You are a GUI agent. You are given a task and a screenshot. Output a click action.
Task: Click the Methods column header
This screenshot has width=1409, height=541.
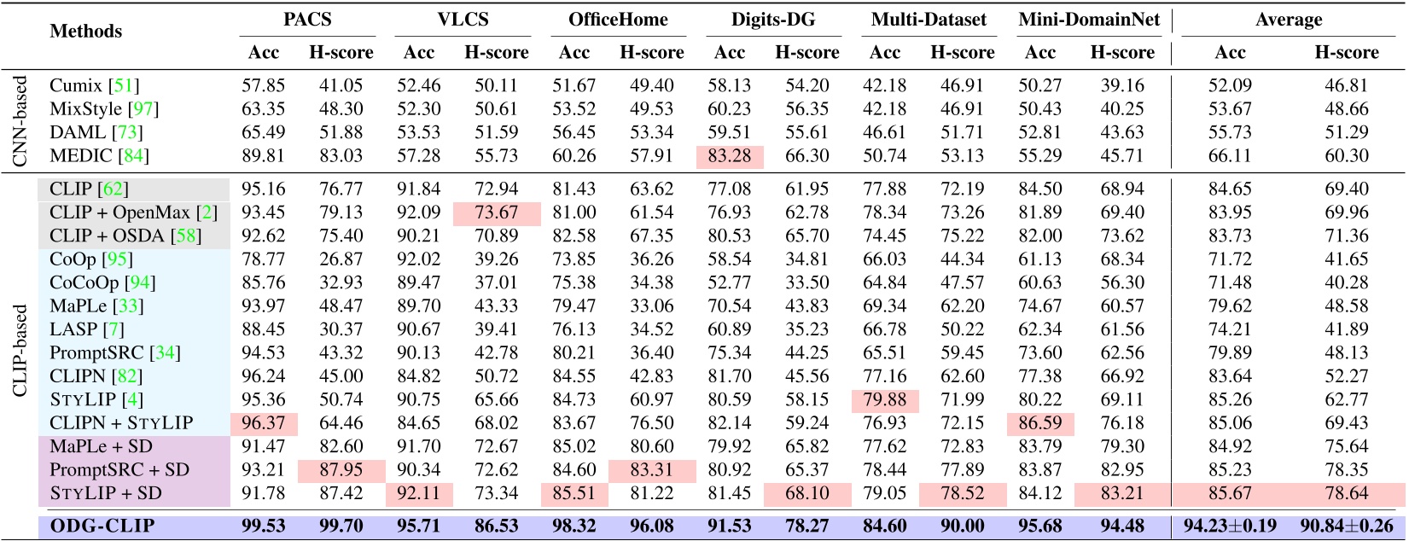pyautogui.click(x=85, y=32)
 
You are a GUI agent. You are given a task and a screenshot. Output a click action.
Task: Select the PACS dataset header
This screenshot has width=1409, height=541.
pyautogui.click(x=307, y=20)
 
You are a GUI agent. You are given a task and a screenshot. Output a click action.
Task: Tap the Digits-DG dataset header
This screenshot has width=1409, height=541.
pyautogui.click(x=773, y=20)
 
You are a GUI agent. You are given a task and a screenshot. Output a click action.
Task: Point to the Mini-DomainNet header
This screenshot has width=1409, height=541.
pyautogui.click(x=1089, y=20)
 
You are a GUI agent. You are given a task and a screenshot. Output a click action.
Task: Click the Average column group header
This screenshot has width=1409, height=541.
pyautogui.click(x=1289, y=20)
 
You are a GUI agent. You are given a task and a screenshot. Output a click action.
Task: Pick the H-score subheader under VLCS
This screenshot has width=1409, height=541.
pyautogui.click(x=497, y=53)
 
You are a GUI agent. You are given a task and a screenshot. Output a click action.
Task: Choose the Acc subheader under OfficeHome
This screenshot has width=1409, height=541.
pyautogui.click(x=574, y=53)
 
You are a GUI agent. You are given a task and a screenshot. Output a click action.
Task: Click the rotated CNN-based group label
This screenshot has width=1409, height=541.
pyautogui.click(x=20, y=120)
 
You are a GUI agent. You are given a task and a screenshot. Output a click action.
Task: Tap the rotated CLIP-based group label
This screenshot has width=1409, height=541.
pyautogui.click(x=20, y=351)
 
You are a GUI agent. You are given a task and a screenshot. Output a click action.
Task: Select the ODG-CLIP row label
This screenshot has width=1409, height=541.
pyautogui.click(x=102, y=526)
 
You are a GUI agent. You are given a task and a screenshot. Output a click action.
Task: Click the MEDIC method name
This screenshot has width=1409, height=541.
pyautogui.click(x=80, y=156)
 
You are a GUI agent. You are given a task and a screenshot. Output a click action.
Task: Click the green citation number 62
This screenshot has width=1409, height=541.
pyautogui.click(x=114, y=189)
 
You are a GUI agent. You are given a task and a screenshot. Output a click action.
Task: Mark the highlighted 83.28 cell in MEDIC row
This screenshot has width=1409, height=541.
pyautogui.click(x=730, y=156)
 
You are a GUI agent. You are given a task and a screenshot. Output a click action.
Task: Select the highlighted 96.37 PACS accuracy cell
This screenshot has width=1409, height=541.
pyautogui.click(x=264, y=423)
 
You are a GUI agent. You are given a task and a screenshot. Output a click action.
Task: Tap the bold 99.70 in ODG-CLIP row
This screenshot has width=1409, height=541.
pyautogui.click(x=341, y=526)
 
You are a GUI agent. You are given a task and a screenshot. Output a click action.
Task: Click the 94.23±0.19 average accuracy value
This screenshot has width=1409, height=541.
pyautogui.click(x=1230, y=526)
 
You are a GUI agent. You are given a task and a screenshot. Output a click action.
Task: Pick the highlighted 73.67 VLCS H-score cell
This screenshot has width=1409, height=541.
pyautogui.click(x=497, y=212)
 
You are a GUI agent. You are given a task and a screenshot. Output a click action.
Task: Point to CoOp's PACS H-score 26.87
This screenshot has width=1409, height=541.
pyautogui.click(x=341, y=259)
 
